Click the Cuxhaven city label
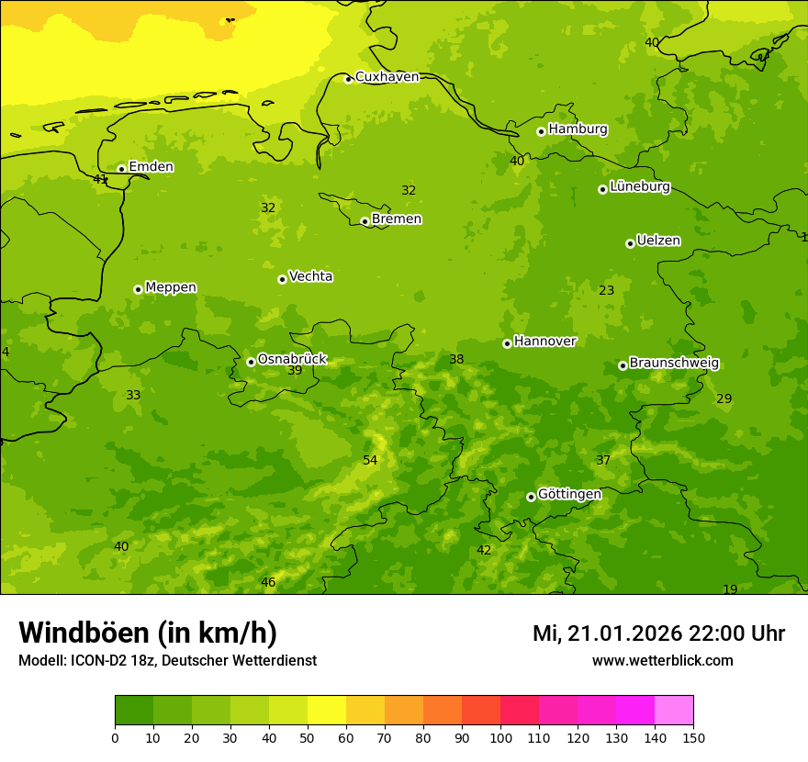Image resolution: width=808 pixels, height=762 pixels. [387, 77]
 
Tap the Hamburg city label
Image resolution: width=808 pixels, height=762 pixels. [578, 129]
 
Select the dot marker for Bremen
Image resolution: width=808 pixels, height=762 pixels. [365, 221]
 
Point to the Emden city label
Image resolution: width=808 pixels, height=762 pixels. [151, 167]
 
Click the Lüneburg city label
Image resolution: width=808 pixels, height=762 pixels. [639, 187]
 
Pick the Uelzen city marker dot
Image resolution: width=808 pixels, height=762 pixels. [630, 243]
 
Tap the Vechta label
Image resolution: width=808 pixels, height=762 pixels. [310, 276]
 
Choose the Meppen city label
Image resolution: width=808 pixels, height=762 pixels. [170, 287]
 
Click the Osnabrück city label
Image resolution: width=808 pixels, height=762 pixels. [291, 359]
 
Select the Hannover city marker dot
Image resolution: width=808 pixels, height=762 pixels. [507, 343]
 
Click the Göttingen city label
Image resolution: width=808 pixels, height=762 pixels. [569, 495]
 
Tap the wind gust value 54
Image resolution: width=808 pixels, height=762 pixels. [370, 461]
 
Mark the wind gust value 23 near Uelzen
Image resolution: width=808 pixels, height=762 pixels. [607, 291]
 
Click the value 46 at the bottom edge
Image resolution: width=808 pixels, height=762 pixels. [268, 583]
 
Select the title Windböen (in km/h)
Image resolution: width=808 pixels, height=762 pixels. [148, 633]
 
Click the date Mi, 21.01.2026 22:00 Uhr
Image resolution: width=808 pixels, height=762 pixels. [658, 633]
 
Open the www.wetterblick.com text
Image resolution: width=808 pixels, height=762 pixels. [662, 661]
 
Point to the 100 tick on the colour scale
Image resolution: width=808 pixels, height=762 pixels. [500, 736]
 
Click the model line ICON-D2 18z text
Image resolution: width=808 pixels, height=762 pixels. [167, 661]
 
